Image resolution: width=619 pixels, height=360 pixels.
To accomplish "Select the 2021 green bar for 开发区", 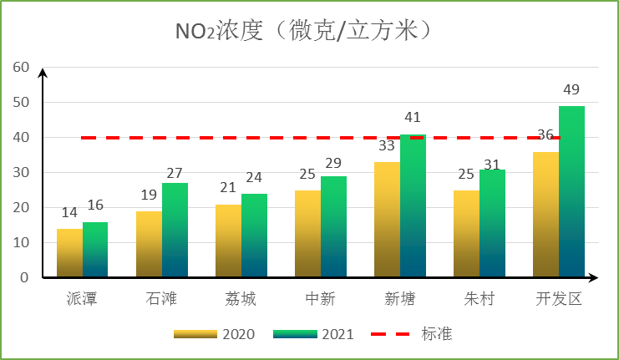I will pos(571,191).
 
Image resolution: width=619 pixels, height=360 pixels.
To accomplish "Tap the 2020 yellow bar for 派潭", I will pos(69,252).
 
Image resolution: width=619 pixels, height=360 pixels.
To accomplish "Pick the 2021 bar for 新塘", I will pos(413,205).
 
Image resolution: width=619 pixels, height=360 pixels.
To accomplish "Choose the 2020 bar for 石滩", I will pos(149,244).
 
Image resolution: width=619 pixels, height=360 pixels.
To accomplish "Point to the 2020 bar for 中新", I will pos(307,233).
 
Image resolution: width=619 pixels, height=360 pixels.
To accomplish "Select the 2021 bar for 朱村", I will pos(492,223).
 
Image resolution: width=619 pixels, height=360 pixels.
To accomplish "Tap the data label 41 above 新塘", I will pos(413,118).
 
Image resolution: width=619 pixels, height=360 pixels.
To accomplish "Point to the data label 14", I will pos(69,213).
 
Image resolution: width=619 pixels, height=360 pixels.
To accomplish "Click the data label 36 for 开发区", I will pos(545,135).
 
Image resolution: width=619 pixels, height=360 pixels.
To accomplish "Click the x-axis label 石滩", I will pos(161,298).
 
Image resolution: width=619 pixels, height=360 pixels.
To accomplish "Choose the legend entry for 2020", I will pos(215,334).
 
